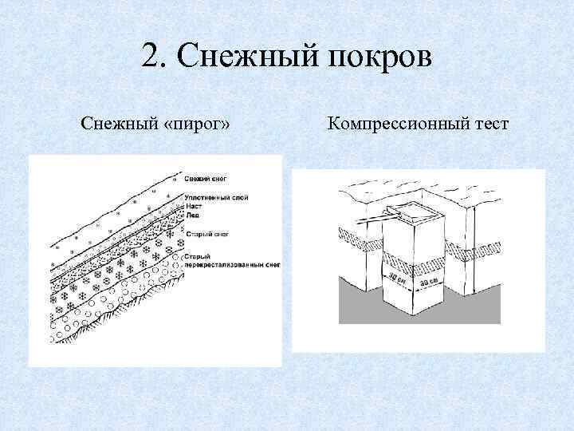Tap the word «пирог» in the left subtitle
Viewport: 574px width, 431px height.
pos(196,125)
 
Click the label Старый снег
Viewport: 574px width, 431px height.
pos(204,234)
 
